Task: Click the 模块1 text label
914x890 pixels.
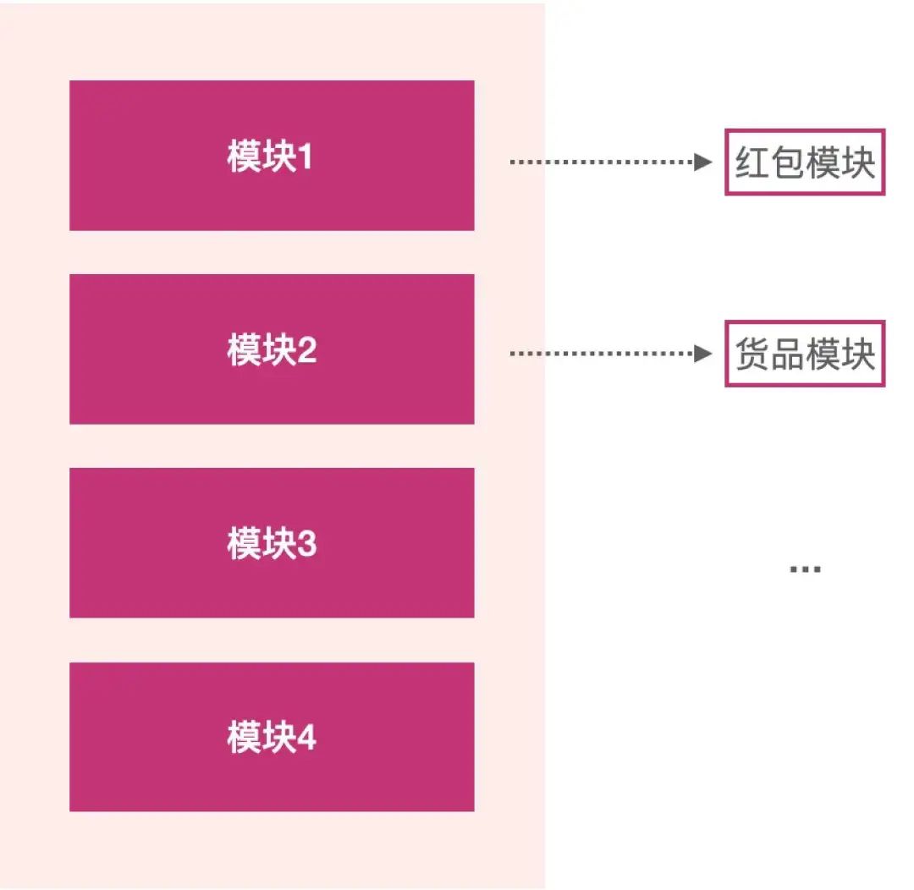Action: click(270, 157)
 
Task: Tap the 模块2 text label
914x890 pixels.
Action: click(272, 350)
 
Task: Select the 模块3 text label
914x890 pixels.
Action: click(272, 544)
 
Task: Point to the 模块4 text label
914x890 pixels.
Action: click(272, 738)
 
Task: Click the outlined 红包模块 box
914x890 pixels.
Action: click(804, 162)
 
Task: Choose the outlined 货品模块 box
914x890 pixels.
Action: click(804, 354)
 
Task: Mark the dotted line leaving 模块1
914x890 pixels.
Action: click(601, 162)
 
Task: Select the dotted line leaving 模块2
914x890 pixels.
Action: click(601, 354)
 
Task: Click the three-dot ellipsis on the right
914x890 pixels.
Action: click(805, 570)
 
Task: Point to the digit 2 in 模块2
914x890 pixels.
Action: click(306, 350)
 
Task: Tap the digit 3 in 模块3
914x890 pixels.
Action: click(306, 544)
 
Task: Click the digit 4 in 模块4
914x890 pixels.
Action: click(306, 738)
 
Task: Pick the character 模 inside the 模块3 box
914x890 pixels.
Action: click(243, 544)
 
